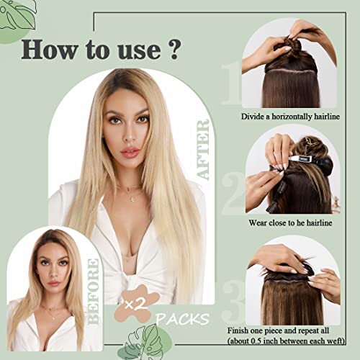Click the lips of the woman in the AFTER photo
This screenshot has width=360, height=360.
pyautogui.click(x=130, y=152)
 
